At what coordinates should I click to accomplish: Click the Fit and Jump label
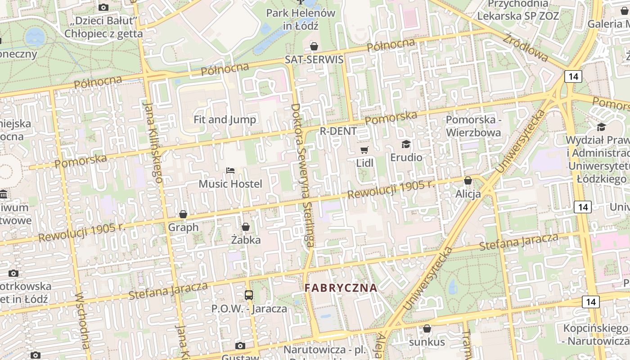225,119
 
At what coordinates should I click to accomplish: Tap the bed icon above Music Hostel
230,171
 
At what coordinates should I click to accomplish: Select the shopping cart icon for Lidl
364,150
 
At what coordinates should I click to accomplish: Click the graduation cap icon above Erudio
406,144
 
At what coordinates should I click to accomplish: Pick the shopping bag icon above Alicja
468,180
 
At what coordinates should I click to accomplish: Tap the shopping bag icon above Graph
183,214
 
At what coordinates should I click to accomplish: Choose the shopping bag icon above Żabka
246,227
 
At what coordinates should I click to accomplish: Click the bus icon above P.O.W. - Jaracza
249,295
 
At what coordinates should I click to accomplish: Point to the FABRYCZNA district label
341,288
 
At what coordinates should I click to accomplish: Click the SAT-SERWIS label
314,60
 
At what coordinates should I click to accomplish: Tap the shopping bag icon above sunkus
427,329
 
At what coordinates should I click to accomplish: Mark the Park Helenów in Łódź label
301,19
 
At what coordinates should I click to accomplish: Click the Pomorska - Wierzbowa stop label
473,126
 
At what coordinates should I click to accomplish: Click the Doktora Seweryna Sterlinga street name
302,175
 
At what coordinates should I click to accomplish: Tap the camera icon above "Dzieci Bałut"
103,7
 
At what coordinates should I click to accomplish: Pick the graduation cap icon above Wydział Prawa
601,127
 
